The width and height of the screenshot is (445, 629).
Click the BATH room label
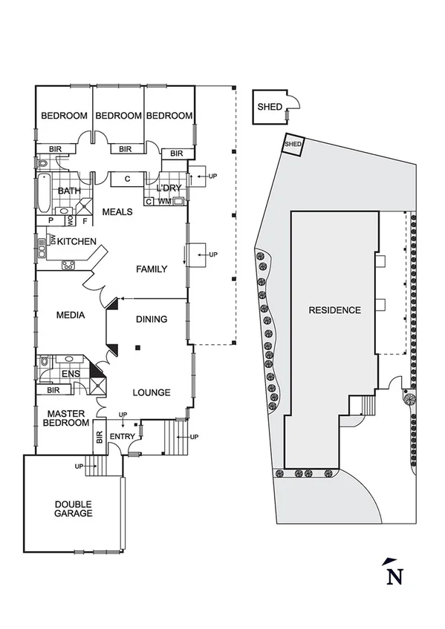click(x=69, y=191)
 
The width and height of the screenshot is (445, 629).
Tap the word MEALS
click(x=117, y=212)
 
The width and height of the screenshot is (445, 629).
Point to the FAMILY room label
click(x=151, y=269)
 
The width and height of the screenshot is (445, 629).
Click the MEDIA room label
click(x=71, y=315)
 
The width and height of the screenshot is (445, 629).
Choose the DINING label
click(x=151, y=320)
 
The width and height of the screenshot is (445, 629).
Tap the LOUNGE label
click(x=152, y=392)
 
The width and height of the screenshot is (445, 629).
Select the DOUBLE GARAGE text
click(x=74, y=507)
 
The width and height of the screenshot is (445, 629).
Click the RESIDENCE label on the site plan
click(x=335, y=310)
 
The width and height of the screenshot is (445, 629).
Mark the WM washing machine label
click(x=165, y=201)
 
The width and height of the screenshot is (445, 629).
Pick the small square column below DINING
click(x=137, y=347)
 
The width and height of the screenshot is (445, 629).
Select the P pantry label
click(x=51, y=220)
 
